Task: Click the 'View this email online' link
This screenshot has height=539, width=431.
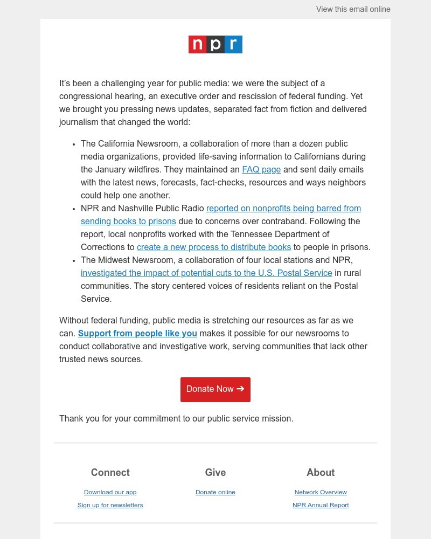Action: (x=353, y=9)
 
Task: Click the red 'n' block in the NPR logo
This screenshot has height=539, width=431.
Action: (x=197, y=44)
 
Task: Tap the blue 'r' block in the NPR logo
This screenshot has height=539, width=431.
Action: (x=233, y=44)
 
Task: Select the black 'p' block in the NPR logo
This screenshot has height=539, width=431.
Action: (x=215, y=44)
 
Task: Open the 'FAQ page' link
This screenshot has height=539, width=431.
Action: (x=261, y=170)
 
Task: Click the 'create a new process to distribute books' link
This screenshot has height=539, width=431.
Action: (x=214, y=247)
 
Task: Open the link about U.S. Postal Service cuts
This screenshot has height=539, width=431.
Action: (x=206, y=273)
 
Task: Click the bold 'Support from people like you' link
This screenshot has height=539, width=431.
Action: (x=137, y=334)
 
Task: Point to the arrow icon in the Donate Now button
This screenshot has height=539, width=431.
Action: (x=240, y=389)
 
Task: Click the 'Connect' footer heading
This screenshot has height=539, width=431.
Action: (x=110, y=473)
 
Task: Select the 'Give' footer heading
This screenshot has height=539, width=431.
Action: (x=215, y=473)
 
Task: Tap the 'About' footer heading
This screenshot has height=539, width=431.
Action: (x=321, y=473)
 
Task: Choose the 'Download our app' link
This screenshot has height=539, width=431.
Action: (x=110, y=492)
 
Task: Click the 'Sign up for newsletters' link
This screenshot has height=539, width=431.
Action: (x=110, y=505)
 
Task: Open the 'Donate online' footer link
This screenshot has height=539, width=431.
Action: (x=215, y=492)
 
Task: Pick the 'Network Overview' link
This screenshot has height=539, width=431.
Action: (x=321, y=492)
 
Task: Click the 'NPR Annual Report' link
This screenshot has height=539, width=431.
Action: (x=321, y=505)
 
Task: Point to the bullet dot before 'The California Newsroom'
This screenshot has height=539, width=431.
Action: (x=73, y=144)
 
